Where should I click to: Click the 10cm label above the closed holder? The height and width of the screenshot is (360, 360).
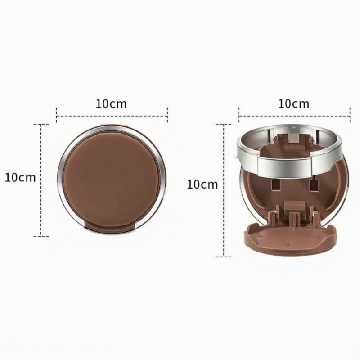pyautogui.click(x=111, y=104)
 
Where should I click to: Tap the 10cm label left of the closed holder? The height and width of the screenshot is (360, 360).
pyautogui.click(x=20, y=177)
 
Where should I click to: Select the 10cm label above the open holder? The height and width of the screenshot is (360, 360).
pyautogui.click(x=294, y=104)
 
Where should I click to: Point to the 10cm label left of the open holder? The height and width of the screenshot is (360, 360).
pyautogui.click(x=202, y=184)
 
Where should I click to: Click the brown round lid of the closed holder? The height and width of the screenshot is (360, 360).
pyautogui.click(x=112, y=176)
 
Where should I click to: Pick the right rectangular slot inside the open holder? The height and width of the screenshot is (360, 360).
pyautogui.click(x=313, y=185)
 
